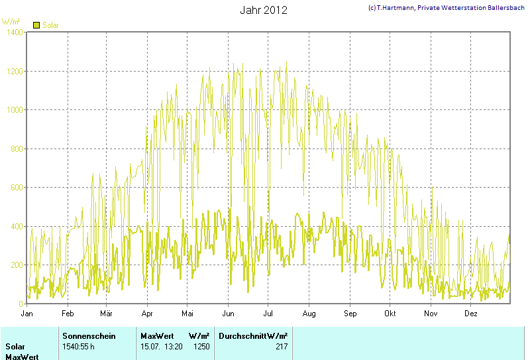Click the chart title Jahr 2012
[263, 11]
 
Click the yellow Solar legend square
[36, 25]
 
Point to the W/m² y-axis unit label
[11, 22]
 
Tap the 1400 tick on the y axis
[15, 32]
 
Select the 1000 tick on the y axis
[15, 110]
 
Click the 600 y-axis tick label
[17, 188]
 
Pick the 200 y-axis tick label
[17, 265]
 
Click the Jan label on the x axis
[27, 313]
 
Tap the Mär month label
[107, 313]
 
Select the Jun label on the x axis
[228, 313]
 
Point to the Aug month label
[309, 313]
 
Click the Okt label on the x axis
[390, 313]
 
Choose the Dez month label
[471, 313]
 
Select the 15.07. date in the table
[150, 346]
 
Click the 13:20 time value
[174, 346]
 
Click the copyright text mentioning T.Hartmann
[447, 7]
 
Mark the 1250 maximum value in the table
[201, 346]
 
